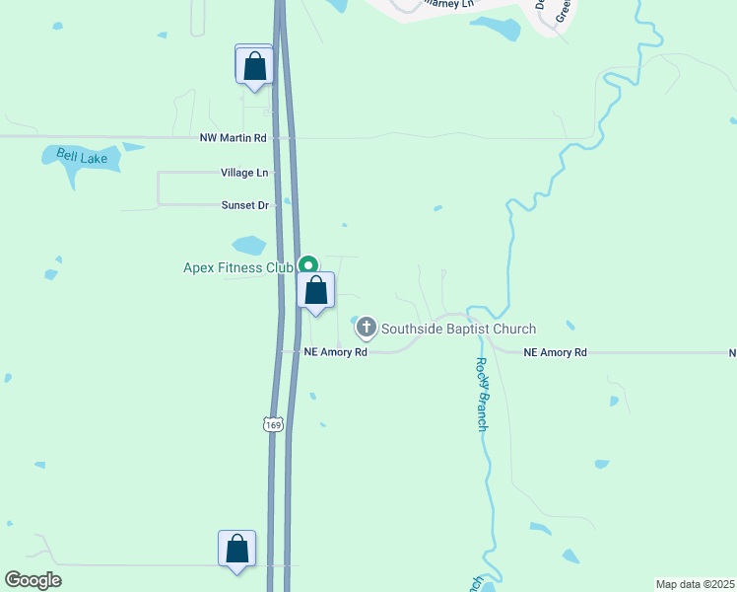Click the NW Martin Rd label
[233, 138]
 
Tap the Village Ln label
[244, 173]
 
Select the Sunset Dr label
[244, 205]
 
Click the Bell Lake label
[81, 156]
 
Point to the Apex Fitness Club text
[238, 267]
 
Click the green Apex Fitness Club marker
[308, 264]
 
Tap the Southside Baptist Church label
[458, 329]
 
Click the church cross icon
[367, 328]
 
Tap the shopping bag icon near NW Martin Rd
[255, 67]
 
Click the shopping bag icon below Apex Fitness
[316, 292]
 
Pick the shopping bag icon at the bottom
[236, 550]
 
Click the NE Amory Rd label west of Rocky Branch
[335, 352]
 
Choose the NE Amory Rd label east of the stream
[555, 352]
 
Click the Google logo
[33, 580]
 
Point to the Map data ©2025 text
[696, 584]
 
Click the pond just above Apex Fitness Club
[248, 245]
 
